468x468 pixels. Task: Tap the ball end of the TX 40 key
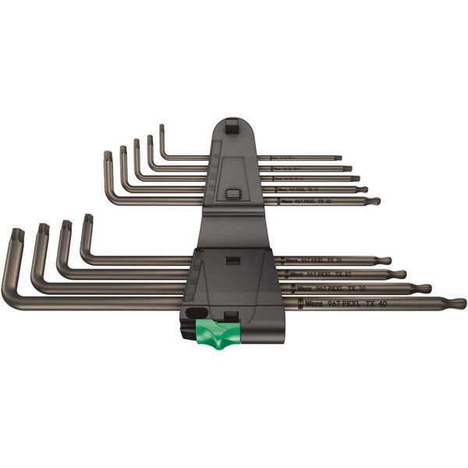456,303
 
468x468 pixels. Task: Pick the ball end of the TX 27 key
397,274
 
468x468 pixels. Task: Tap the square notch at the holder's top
232,123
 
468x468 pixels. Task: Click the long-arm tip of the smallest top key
339,158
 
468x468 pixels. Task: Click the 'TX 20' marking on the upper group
325,201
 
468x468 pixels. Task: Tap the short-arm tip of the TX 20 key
108,156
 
